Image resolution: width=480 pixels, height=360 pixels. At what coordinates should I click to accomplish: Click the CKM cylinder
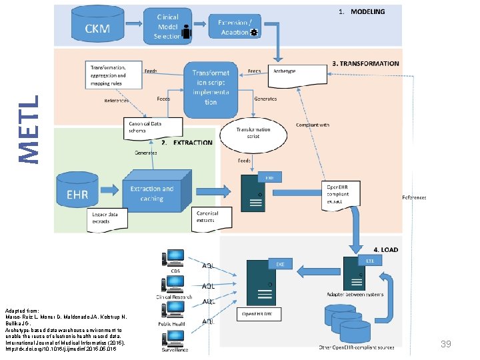point(97,27)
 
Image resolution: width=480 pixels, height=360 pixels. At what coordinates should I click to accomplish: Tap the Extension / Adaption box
point(234,27)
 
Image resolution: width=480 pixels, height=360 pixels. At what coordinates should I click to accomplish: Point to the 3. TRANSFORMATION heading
point(365,63)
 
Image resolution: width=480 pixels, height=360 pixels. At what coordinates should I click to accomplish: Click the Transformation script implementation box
point(211,88)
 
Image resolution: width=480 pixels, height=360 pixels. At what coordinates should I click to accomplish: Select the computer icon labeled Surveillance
point(175,338)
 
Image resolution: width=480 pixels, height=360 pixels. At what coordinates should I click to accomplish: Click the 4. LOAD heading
point(385,250)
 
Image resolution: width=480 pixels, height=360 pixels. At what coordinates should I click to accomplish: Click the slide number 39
point(446,343)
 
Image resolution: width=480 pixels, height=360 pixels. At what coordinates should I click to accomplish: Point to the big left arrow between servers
point(317,271)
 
